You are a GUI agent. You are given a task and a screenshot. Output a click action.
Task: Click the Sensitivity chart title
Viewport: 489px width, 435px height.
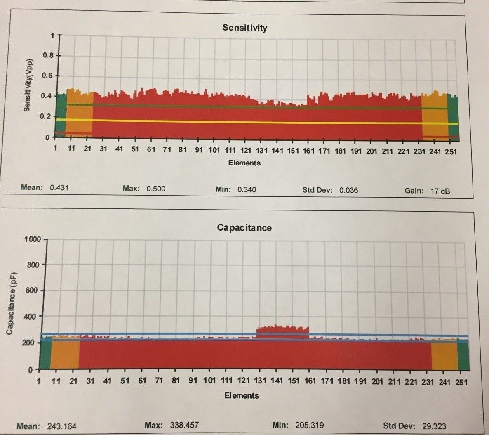pyautogui.click(x=244, y=28)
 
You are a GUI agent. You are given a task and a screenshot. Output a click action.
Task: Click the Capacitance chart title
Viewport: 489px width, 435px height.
pyautogui.click(x=244, y=228)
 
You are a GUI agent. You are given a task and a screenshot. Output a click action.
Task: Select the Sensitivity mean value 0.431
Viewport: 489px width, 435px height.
pyautogui.click(x=59, y=188)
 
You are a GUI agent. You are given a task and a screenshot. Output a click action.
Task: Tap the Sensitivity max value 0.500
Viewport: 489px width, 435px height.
pyautogui.click(x=156, y=189)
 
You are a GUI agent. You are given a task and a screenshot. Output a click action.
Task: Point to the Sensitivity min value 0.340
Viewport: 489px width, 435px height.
pyautogui.click(x=247, y=189)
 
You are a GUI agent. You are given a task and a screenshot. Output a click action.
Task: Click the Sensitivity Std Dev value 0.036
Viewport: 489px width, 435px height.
pyautogui.click(x=348, y=190)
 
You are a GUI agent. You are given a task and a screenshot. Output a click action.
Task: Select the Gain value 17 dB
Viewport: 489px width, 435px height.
pyautogui.click(x=440, y=191)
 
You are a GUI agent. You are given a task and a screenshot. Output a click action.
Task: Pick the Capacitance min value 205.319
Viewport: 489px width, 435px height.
pyautogui.click(x=309, y=425)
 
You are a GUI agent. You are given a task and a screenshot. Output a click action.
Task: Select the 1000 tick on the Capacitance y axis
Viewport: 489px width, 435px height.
pyautogui.click(x=33, y=239)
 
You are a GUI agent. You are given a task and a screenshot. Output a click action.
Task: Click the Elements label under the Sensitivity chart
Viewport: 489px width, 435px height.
pyautogui.click(x=244, y=163)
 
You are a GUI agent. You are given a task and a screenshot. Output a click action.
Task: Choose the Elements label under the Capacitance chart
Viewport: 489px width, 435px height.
pyautogui.click(x=242, y=395)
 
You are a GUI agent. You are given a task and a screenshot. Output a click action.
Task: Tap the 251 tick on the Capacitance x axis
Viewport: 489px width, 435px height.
pyautogui.click(x=461, y=382)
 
